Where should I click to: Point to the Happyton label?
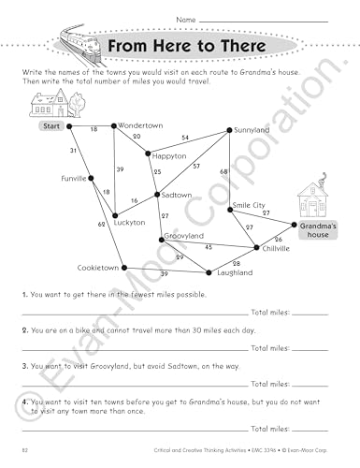pyautogui.click(x=169, y=155)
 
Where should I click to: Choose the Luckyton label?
pyautogui.click(x=128, y=223)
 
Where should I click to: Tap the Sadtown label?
pyautogui.click(x=177, y=195)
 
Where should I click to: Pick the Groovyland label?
pyautogui.click(x=183, y=236)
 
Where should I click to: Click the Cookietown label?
pyautogui.click(x=98, y=268)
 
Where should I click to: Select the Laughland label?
pyautogui.click(x=235, y=272)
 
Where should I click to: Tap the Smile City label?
pyautogui.click(x=249, y=204)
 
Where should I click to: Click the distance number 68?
pyautogui.click(x=223, y=171)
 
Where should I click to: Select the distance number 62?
pyautogui.click(x=101, y=225)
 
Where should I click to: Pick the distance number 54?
pyautogui.click(x=184, y=138)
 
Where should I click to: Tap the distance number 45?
pyautogui.click(x=209, y=247)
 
